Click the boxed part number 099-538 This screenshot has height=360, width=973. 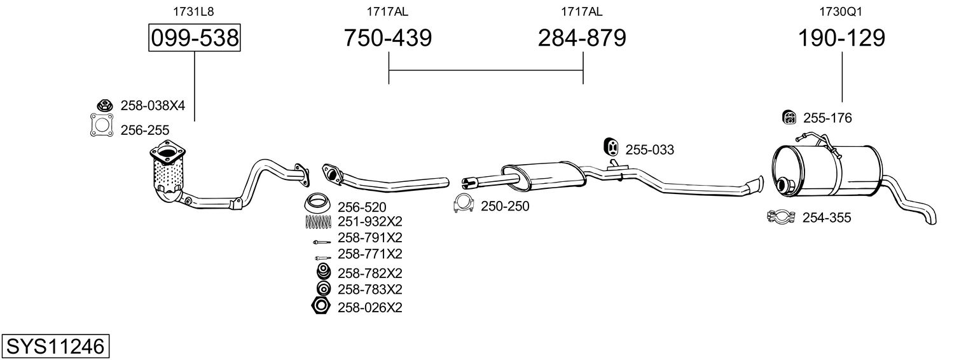click(x=194, y=38)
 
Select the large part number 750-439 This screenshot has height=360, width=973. click(x=388, y=38)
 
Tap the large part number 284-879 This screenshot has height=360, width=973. click(x=582, y=38)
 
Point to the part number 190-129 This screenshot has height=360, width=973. click(x=842, y=38)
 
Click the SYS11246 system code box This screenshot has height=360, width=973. click(x=55, y=346)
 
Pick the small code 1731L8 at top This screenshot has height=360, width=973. click(x=193, y=11)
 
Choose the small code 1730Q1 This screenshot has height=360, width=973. click(x=841, y=11)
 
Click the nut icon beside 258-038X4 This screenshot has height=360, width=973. click(x=104, y=105)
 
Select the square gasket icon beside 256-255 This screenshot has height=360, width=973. click(x=102, y=125)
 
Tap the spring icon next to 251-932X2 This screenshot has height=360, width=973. click(x=319, y=222)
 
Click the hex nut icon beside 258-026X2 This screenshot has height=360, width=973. click(x=321, y=307)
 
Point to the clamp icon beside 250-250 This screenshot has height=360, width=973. click(x=464, y=204)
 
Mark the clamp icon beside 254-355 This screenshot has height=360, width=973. click(x=781, y=216)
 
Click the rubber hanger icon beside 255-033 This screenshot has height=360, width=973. click(x=612, y=147)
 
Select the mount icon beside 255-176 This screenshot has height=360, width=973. click(x=789, y=117)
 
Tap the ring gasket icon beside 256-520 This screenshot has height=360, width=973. click(x=317, y=204)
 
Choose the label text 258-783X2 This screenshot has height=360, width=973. click(x=369, y=289)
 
